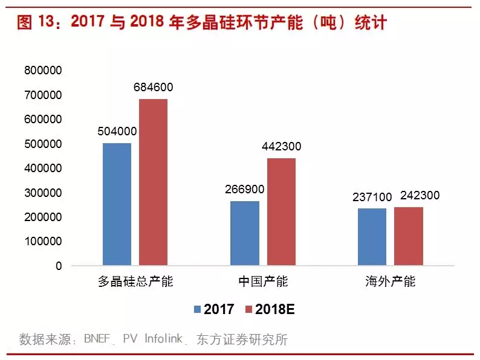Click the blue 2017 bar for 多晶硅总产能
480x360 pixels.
click(117, 204)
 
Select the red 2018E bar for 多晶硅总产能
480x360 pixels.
click(153, 182)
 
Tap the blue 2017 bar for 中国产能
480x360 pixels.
click(245, 233)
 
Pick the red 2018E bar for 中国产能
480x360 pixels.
click(281, 212)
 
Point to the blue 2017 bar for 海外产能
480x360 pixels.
click(372, 237)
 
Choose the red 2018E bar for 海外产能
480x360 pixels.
click(409, 236)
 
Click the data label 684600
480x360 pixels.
click(153, 88)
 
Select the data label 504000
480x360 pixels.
click(117, 132)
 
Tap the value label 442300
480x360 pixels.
click(281, 147)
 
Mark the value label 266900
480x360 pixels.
click(244, 190)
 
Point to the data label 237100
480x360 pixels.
click(372, 197)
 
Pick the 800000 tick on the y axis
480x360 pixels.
click(44, 71)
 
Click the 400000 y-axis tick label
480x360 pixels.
click(44, 169)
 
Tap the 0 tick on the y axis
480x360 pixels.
click(59, 266)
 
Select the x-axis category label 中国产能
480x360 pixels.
click(263, 282)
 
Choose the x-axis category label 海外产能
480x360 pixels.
click(391, 282)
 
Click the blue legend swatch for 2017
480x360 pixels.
click(197, 309)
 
